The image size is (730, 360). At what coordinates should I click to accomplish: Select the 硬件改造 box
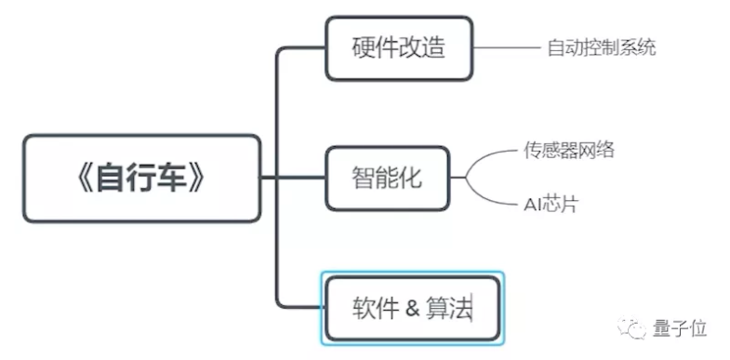398,47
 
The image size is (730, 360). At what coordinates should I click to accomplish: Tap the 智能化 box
387,177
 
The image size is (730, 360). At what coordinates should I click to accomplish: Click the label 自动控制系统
601,47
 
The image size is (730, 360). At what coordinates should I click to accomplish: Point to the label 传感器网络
568,150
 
